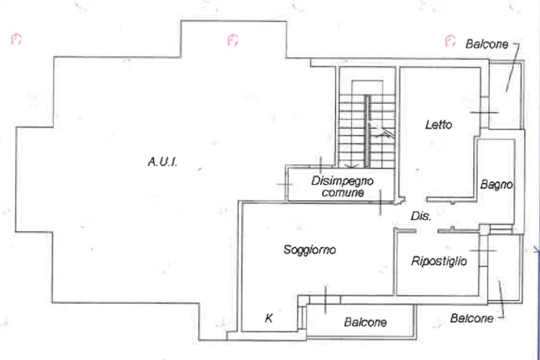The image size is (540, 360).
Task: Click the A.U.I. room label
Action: [162, 162]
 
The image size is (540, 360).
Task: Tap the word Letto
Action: [439, 125]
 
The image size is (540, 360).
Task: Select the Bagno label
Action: [496, 185]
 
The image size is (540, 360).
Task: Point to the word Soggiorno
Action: [310, 250]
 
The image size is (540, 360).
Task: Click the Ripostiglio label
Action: [439, 261]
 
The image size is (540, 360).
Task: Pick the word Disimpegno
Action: [342, 181]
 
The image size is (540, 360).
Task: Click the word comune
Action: [343, 193]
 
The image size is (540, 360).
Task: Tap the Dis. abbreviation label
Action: [421, 216]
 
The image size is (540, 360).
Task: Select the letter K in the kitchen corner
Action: [268, 318]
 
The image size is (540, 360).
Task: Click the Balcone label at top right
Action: [487, 44]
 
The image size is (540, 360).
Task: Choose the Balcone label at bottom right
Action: [472, 318]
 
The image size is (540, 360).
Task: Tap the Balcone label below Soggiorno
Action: [365, 322]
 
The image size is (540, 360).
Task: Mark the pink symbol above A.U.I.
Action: [233, 40]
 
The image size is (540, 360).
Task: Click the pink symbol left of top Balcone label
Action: [449, 40]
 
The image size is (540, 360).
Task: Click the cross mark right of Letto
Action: [484, 112]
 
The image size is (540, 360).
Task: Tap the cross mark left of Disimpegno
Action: [284, 184]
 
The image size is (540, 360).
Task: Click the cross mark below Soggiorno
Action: [325, 299]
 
